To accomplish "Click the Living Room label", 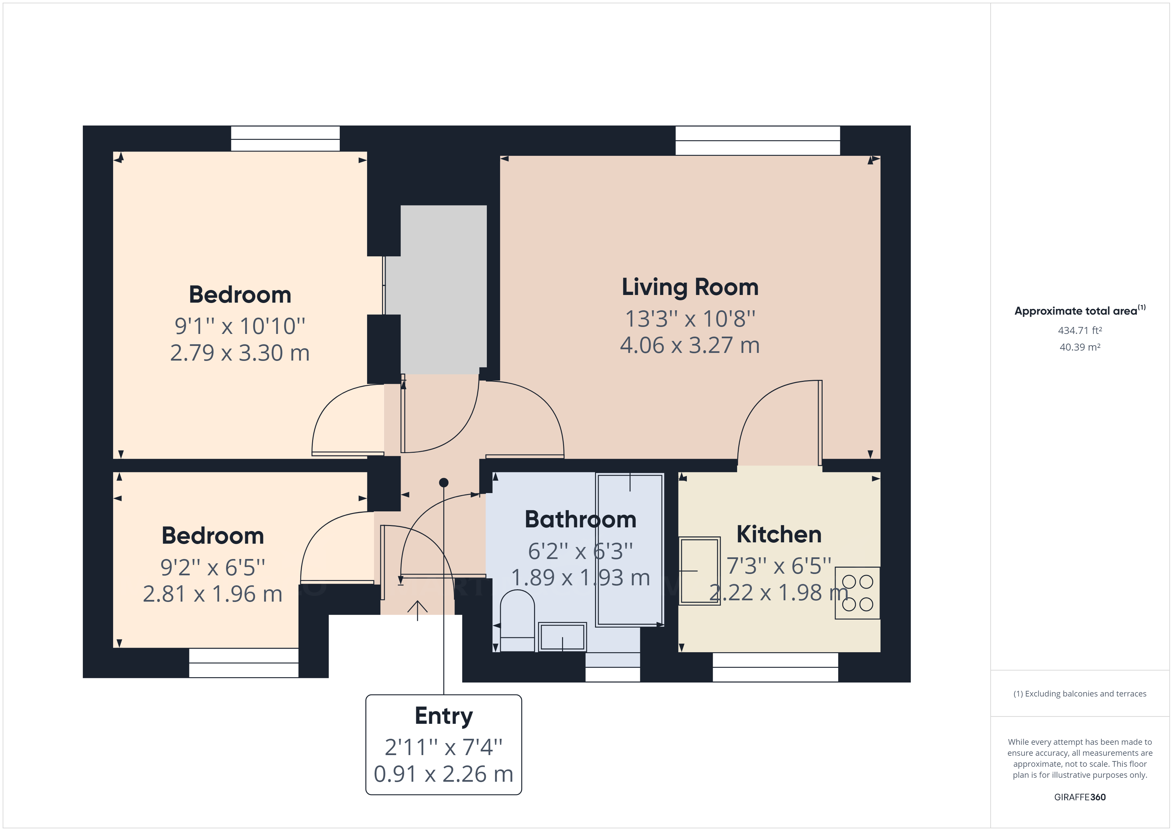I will tap(690, 287).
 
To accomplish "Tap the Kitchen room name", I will tap(779, 534).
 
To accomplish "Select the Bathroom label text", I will tap(580, 519).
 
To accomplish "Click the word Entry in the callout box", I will tap(443, 716).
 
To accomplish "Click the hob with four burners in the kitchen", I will tap(858, 593).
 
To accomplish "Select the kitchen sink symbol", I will tap(699, 571).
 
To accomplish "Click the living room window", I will tap(757, 140).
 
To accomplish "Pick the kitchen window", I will tap(775, 667).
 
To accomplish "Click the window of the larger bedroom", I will tap(285, 138).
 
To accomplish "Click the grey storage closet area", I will tap(443, 289).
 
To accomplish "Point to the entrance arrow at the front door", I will tap(417, 609).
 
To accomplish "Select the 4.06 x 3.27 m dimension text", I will tap(690, 345).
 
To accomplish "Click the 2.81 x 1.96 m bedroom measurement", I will tap(212, 594).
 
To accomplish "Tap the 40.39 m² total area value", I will tap(1080, 347).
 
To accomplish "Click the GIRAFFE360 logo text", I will tap(1080, 797).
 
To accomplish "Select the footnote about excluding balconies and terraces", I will tap(1080, 694).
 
